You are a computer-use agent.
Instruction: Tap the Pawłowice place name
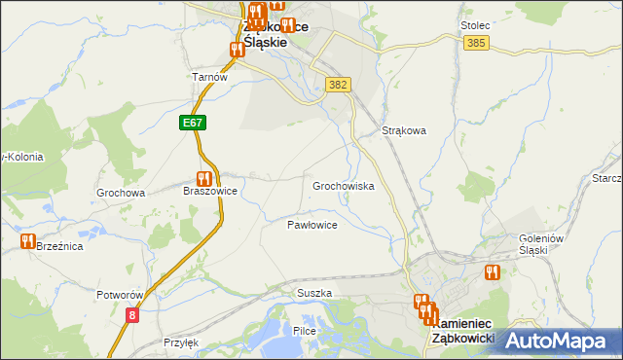coord(311,225)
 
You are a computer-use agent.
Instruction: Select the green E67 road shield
coord(192,124)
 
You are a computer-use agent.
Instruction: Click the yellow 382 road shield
coord(337,86)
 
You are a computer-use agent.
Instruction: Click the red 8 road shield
coord(132,314)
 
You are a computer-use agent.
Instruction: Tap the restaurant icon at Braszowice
coord(203,179)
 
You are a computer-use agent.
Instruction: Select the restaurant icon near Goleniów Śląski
coord(491,272)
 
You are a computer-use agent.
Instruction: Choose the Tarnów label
coord(209,78)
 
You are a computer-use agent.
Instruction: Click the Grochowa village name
coord(121,193)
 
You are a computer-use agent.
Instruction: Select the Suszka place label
coord(314,293)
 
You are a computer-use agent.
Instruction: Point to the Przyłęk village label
coord(180,342)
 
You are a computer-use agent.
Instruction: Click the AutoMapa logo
coord(558,341)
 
